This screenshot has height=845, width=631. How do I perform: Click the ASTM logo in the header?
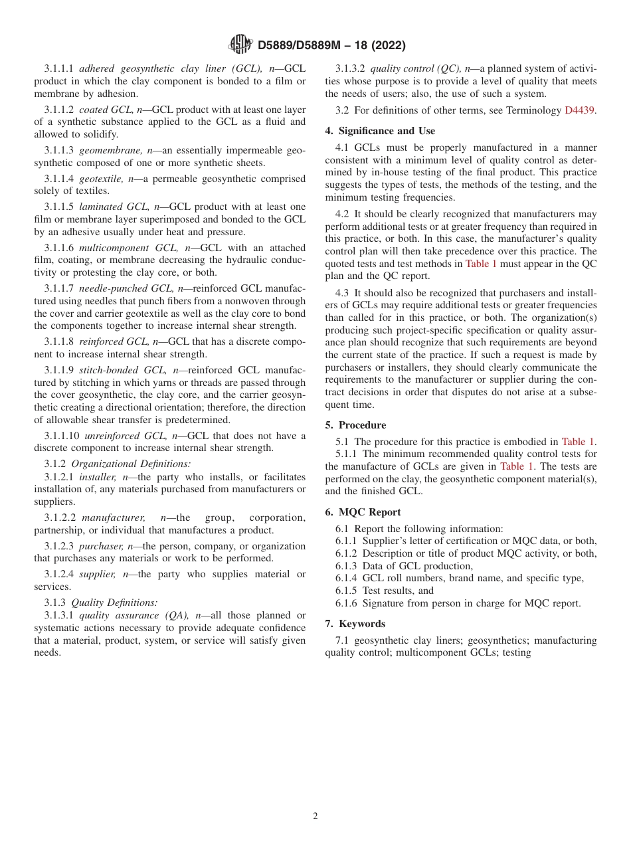240,45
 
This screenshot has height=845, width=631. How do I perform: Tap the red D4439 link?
580,110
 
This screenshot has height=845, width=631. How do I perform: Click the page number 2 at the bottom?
315,816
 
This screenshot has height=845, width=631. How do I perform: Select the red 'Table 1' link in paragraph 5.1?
577,442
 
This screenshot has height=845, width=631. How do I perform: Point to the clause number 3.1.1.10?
61,436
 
